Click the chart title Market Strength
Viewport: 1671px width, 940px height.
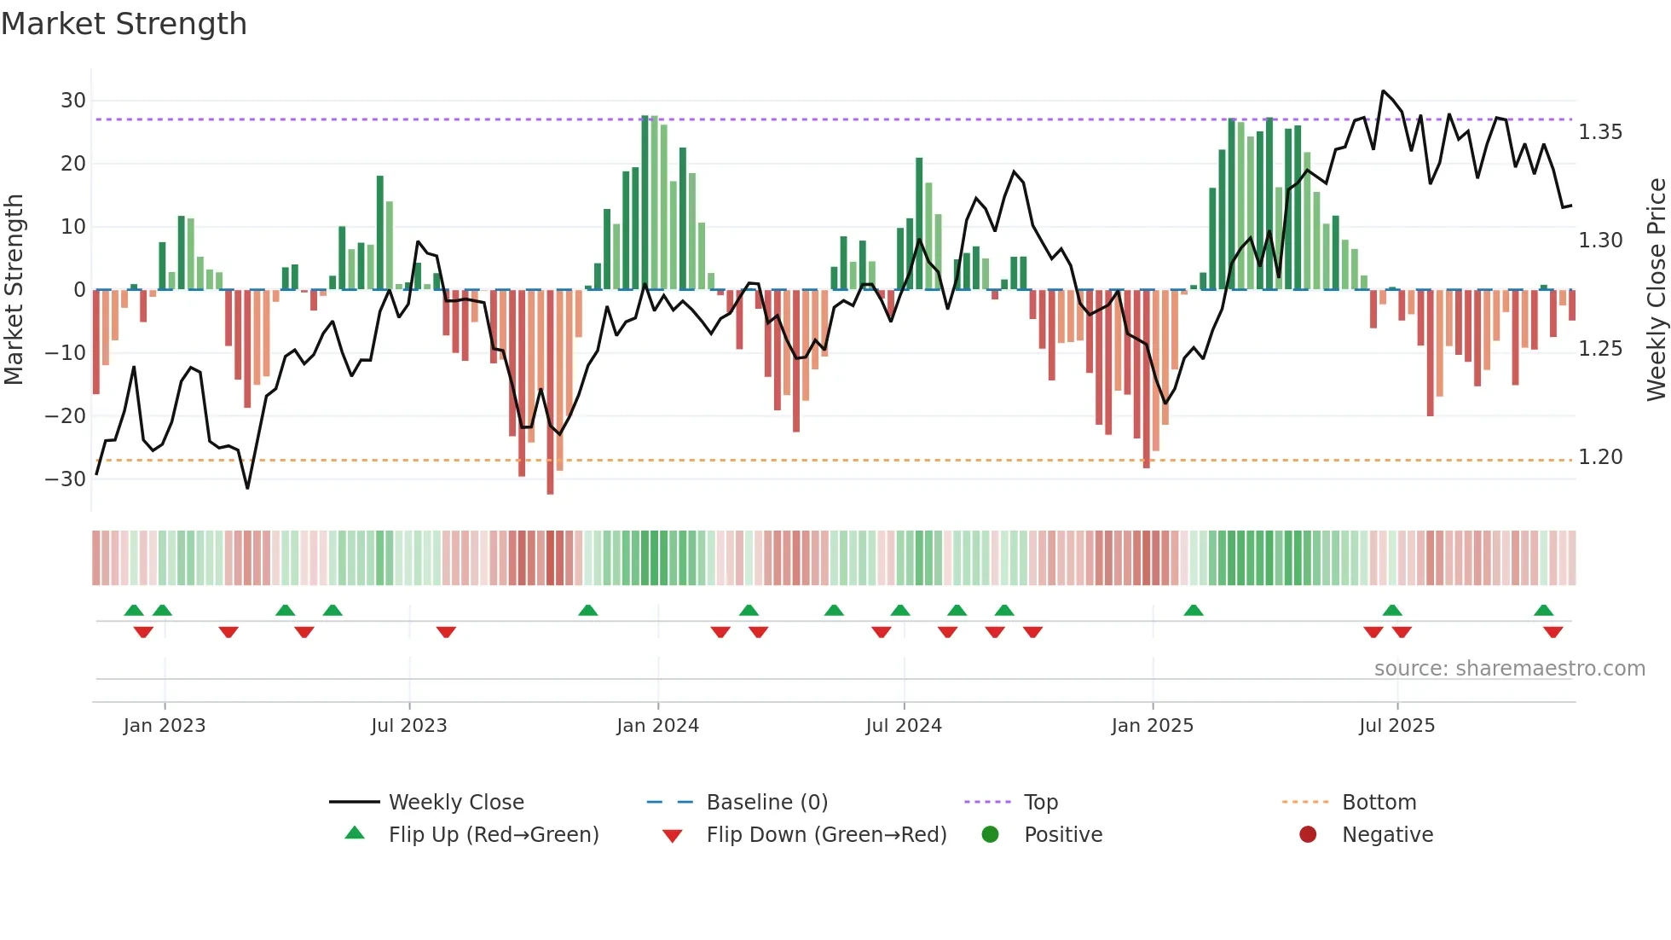124,24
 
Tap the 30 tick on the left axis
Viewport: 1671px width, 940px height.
73,101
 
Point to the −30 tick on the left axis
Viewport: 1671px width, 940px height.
66,479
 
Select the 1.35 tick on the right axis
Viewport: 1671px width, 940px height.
1600,132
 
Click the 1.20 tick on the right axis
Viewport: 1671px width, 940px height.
1600,457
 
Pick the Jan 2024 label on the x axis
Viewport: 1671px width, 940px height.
657,726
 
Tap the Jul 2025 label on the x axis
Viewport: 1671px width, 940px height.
1396,726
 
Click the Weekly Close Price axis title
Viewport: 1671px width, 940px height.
1656,290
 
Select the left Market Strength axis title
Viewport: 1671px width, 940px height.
14,290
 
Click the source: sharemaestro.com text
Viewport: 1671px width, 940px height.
1509,669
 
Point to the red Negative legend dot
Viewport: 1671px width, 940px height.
1308,835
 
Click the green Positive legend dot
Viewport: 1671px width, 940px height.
990,835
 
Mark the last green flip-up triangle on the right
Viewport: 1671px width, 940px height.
1543,611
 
